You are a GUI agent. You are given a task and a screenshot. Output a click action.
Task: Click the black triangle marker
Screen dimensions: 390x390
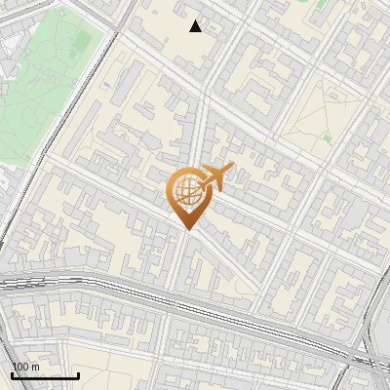point(196,26)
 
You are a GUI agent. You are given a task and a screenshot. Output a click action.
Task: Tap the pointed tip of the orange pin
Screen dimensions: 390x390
point(188,229)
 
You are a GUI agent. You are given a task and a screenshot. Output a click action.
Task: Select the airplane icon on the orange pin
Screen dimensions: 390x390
point(214,177)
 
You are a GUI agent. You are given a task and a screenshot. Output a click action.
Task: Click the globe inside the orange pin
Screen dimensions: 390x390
point(187,192)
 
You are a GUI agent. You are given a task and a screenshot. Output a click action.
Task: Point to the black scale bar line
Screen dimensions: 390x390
point(45,375)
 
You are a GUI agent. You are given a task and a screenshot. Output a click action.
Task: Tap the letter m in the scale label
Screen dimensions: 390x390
point(36,367)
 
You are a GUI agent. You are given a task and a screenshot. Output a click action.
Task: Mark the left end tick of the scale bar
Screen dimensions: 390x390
point(12,374)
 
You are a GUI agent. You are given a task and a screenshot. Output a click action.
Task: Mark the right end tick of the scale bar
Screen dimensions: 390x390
point(78,374)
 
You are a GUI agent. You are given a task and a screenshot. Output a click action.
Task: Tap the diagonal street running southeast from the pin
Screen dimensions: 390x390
point(229,258)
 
